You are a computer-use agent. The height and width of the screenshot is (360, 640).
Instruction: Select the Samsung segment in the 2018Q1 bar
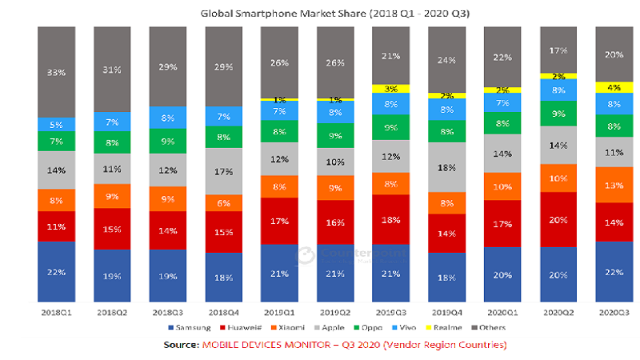55,272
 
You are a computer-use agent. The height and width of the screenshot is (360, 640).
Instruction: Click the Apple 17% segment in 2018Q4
224,171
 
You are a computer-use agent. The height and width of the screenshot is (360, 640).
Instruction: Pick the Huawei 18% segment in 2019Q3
392,219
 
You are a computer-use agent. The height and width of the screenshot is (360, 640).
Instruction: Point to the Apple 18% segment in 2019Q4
448,167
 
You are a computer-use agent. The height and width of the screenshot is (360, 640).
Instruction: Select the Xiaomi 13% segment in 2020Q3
615,186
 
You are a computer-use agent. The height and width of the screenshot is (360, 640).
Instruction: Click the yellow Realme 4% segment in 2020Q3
615,87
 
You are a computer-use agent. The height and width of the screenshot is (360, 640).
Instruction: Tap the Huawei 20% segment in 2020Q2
559,219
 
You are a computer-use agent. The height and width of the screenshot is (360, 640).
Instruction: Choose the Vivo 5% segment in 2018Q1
55,124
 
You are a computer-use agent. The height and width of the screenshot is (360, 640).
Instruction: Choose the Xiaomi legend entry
291,328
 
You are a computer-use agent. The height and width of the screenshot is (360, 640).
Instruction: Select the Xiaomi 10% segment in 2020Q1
503,187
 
